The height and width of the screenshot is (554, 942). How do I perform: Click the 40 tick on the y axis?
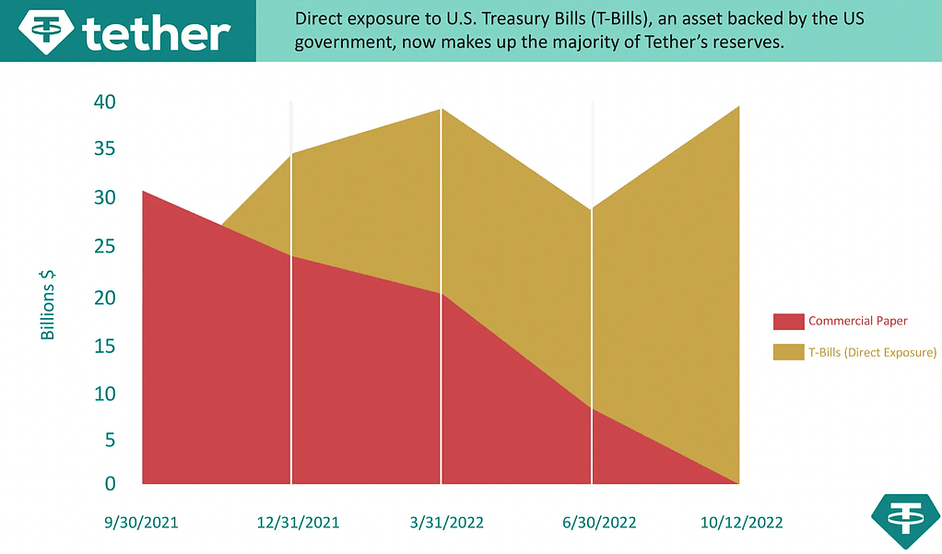coord(104,102)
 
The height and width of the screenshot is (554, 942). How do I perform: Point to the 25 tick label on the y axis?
coord(104,247)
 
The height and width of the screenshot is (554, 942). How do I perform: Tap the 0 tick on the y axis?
coord(110,483)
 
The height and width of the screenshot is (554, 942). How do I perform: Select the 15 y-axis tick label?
coord(104,347)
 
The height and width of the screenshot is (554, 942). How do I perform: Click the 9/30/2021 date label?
coord(141,523)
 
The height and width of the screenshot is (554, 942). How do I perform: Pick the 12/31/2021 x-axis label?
coord(298,523)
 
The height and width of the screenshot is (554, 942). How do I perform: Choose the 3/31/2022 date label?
coord(446,523)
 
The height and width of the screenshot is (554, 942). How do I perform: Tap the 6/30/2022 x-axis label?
coord(599,523)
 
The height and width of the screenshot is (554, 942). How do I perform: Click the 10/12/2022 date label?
coord(741,523)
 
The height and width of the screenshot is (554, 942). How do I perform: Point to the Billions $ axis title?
coord(48,304)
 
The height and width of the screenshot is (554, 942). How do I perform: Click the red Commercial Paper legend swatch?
coord(788,322)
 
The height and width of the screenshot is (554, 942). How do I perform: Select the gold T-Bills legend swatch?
coord(788,351)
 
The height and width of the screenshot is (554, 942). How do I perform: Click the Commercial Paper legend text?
coord(857,322)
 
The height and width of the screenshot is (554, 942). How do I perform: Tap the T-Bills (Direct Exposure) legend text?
coord(872,351)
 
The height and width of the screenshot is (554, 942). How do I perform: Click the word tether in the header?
coord(156,33)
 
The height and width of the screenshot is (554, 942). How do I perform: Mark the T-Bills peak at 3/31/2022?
coord(442,110)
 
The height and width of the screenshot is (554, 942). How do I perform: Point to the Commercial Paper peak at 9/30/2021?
coord(144,191)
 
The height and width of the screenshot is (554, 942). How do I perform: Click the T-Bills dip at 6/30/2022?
coord(592,209)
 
